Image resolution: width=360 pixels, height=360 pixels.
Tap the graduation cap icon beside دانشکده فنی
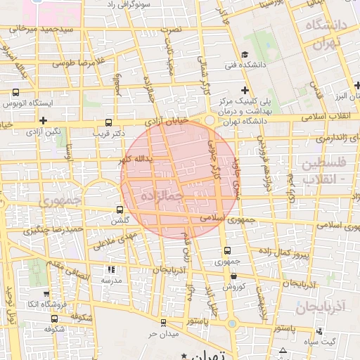(244, 55)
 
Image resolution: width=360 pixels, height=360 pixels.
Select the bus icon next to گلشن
(119, 210)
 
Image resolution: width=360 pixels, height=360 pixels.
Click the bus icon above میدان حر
(164, 323)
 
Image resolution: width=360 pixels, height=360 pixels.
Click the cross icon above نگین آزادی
(44, 120)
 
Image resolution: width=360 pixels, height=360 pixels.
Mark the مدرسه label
(111, 280)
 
